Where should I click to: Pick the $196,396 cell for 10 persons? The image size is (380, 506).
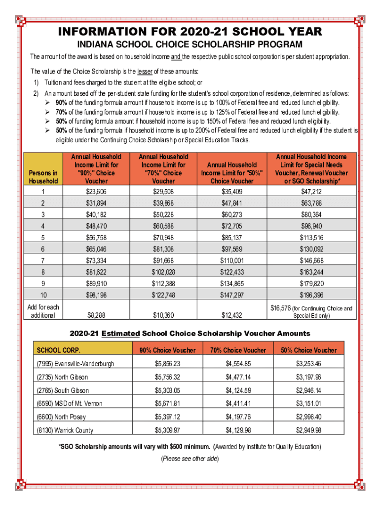point(311,295)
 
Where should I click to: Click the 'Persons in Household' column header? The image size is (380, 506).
point(43,177)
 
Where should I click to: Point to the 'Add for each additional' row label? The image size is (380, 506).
point(43,311)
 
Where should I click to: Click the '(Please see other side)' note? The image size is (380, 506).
point(190,459)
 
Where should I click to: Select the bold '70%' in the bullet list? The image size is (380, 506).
point(62,112)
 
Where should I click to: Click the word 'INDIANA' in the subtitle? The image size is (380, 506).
point(96,45)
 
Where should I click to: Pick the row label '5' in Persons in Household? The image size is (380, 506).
point(43,238)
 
